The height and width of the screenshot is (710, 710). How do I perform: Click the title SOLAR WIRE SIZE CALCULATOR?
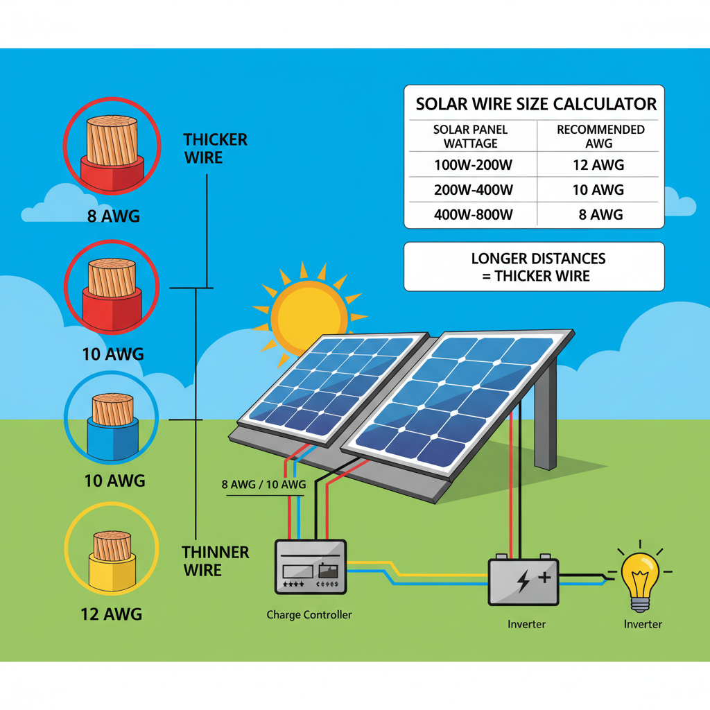(x=535, y=105)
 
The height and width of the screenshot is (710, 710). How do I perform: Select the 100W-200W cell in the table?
(x=474, y=165)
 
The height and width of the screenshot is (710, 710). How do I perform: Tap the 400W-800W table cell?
(x=474, y=215)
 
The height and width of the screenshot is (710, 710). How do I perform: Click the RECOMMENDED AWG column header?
(x=600, y=136)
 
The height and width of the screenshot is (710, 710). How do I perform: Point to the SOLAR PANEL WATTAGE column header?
(x=471, y=136)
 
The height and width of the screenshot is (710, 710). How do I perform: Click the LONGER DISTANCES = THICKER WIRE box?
(x=534, y=267)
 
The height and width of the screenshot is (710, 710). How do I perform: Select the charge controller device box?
(x=310, y=567)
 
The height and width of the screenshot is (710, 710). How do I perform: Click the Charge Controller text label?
(x=309, y=615)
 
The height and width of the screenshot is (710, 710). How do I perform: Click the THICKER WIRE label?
(x=215, y=148)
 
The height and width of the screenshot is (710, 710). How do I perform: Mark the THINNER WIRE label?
(x=215, y=561)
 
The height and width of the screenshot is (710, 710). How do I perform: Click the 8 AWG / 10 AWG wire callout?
(x=263, y=485)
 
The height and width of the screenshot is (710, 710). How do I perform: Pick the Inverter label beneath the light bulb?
(x=643, y=624)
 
